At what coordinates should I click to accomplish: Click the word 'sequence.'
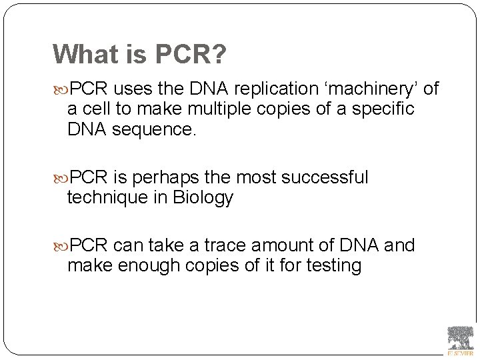154,129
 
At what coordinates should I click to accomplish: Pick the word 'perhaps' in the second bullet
169,178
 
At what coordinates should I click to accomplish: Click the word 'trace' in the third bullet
215,245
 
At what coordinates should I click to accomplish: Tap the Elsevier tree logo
460,339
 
